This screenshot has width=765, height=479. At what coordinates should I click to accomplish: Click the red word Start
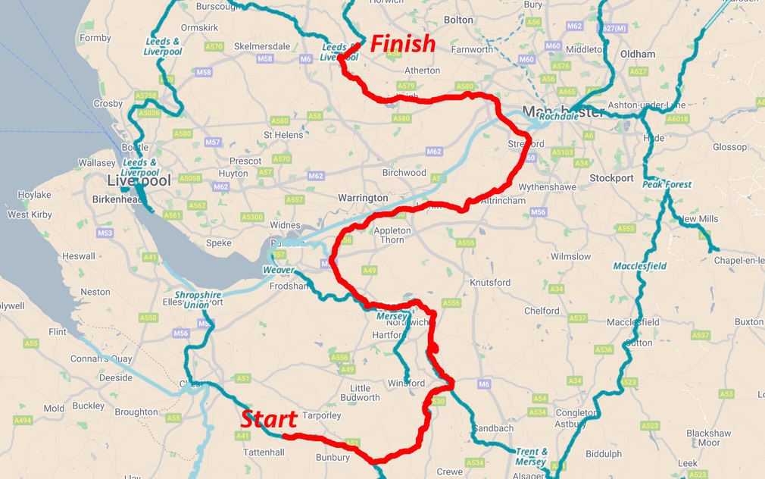(268, 418)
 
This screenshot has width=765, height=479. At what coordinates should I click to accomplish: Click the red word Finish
(402, 43)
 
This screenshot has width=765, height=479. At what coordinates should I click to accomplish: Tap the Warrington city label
(363, 198)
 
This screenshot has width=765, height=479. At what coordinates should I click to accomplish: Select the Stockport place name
(611, 178)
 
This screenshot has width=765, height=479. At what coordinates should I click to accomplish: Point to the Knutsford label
(490, 283)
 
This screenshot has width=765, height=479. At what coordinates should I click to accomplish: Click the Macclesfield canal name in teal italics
(639, 266)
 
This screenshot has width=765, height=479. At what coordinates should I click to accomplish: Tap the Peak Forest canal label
(667, 184)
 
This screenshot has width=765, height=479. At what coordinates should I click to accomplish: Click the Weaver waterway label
(278, 270)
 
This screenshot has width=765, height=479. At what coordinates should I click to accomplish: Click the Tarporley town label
(322, 415)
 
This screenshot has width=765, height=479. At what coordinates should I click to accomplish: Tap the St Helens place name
(283, 135)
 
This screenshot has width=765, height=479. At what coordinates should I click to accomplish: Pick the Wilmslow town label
(570, 256)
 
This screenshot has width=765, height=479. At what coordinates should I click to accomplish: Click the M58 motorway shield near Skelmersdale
(264, 58)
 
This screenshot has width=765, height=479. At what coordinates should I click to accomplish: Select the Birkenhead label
(117, 199)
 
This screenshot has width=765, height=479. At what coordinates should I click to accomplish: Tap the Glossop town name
(729, 147)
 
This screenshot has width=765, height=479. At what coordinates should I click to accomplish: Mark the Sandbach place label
(493, 428)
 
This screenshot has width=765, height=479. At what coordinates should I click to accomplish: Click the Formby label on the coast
(95, 38)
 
